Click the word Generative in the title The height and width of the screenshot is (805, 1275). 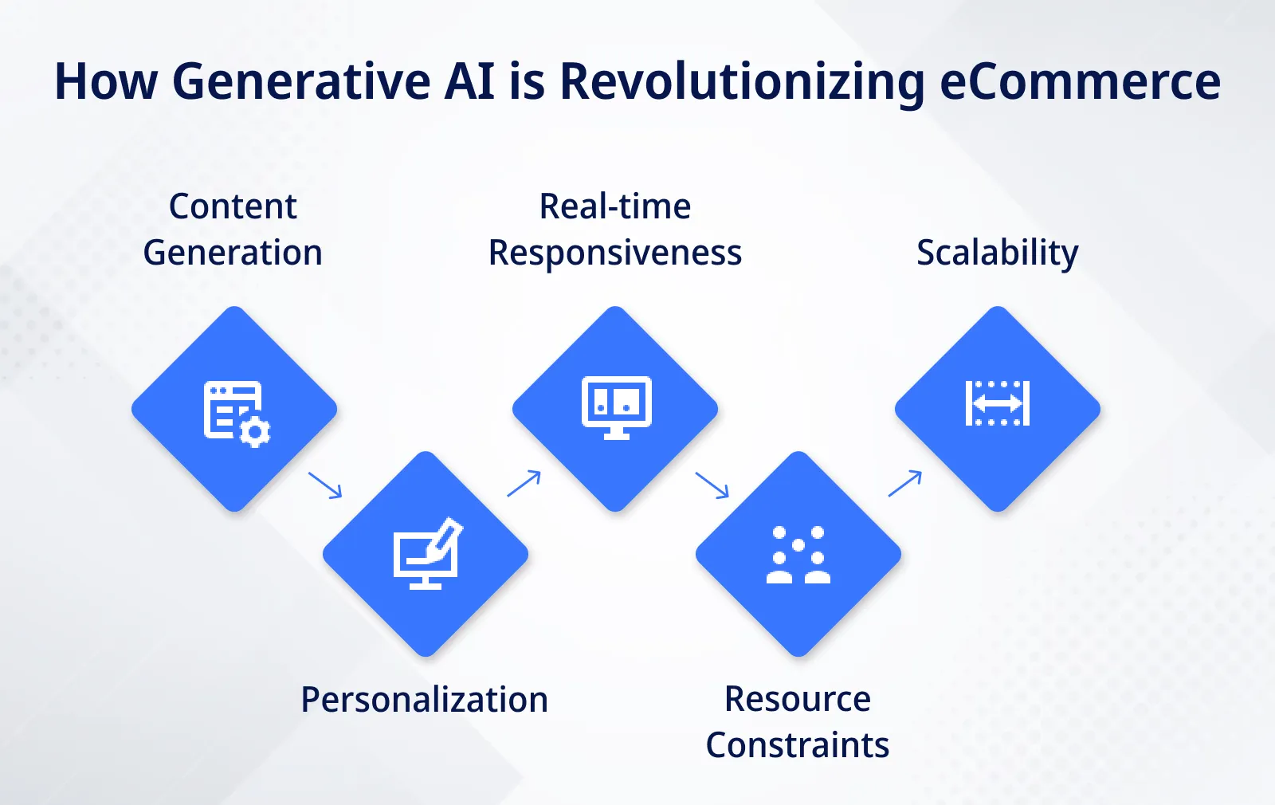pos(301,82)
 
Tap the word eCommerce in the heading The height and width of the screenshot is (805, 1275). pos(1080,82)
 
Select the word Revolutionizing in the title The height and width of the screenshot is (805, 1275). pos(742,82)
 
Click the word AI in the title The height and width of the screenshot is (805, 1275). pos(469,82)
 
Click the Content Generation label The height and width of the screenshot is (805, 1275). pos(233,230)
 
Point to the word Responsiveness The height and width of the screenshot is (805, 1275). pos(614,253)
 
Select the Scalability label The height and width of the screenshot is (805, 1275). pos(997,253)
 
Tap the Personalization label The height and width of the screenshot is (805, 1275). pos(424,700)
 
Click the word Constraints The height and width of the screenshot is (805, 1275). pos(797,746)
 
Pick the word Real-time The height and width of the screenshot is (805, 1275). pos(614,206)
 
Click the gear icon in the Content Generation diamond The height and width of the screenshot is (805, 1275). pos(255,432)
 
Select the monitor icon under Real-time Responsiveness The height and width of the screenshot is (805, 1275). pos(616,407)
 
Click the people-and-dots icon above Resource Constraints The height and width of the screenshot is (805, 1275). pos(798,555)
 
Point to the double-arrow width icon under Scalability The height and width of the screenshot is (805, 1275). pos(997,403)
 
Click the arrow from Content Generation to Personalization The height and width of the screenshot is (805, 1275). pos(325,485)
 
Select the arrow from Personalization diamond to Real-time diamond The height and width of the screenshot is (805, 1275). pos(524,483)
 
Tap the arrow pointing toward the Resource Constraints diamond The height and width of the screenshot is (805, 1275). pos(712,485)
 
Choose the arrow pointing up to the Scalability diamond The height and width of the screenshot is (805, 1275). pos(905,483)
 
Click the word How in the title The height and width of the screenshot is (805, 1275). pos(105,82)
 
